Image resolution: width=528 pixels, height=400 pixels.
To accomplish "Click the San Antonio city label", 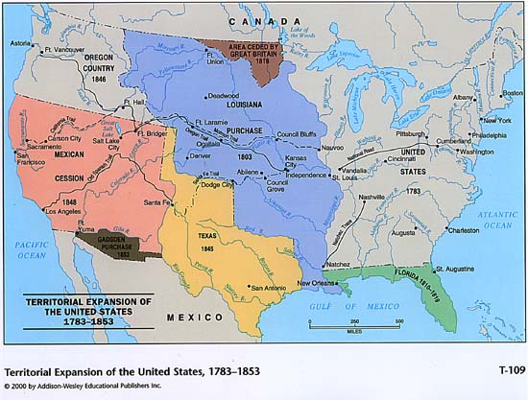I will (270, 287).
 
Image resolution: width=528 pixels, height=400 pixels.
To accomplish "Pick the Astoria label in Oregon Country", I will (20, 44).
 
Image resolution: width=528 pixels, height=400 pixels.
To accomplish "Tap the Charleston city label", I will (464, 230).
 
